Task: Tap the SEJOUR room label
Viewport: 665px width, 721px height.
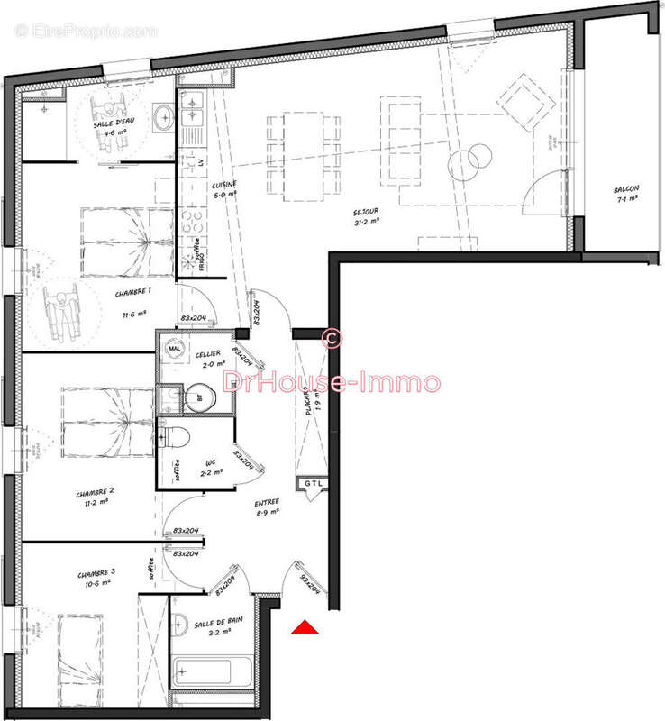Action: (366, 212)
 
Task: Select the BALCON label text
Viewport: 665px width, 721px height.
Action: (626, 190)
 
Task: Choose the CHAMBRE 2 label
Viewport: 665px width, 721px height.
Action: (94, 493)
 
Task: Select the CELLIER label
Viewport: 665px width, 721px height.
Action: (209, 354)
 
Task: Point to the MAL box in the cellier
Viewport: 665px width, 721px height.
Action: (175, 346)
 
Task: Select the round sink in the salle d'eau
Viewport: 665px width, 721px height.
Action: (163, 117)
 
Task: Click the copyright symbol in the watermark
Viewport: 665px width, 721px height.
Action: (331, 338)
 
